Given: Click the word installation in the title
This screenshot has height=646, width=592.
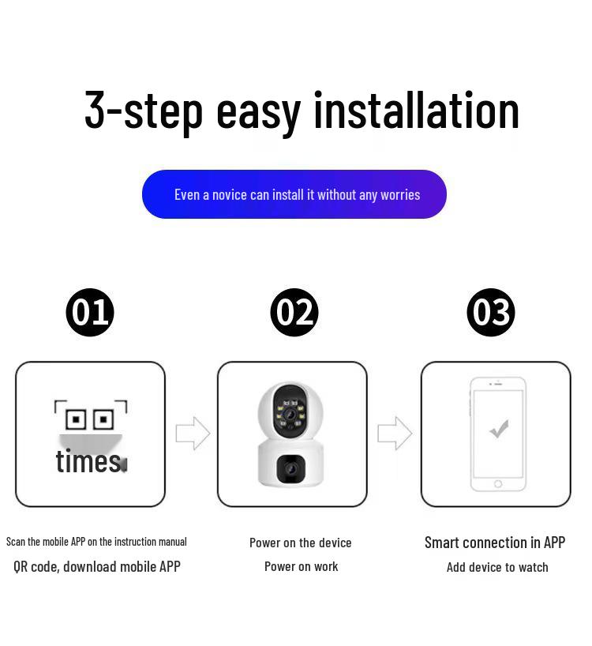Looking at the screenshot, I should pyautogui.click(x=416, y=110).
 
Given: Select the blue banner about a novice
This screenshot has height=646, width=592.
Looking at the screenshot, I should pyautogui.click(x=294, y=194).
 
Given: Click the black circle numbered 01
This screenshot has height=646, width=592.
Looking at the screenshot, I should pyautogui.click(x=90, y=312).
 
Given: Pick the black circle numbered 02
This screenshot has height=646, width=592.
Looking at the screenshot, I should pyautogui.click(x=294, y=312).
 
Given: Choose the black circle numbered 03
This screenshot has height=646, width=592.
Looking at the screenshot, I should pyautogui.click(x=491, y=312).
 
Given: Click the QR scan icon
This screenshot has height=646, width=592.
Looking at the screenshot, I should pyautogui.click(x=90, y=417).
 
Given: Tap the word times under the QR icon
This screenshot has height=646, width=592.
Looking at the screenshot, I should pyautogui.click(x=88, y=460).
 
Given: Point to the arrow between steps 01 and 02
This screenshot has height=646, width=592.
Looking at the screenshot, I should pyautogui.click(x=193, y=433).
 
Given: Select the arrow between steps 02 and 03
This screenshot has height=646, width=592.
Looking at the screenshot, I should pyautogui.click(x=395, y=433).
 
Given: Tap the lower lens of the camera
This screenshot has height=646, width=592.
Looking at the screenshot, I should pyautogui.click(x=290, y=469).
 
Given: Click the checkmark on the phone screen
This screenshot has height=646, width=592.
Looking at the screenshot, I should pyautogui.click(x=498, y=429).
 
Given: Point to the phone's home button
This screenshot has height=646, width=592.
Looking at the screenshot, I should pyautogui.click(x=498, y=483).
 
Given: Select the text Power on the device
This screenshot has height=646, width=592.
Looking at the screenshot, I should pyautogui.click(x=300, y=543).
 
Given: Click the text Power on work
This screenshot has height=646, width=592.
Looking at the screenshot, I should pyautogui.click(x=301, y=566).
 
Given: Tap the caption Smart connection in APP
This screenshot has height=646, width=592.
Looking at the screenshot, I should pyautogui.click(x=495, y=543).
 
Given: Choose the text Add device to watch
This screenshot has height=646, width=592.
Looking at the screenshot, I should pyautogui.click(x=497, y=567).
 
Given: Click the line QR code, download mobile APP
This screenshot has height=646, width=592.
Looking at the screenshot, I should pyautogui.click(x=97, y=566).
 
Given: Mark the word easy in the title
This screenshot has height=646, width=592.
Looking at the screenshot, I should pyautogui.click(x=258, y=110).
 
